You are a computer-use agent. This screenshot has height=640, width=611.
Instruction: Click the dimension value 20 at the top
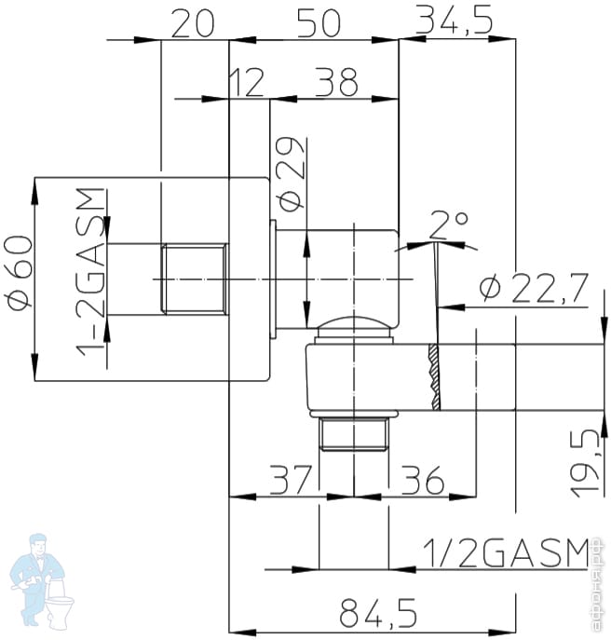(x=195, y=22)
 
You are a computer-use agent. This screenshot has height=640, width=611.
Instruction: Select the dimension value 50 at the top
(x=319, y=22)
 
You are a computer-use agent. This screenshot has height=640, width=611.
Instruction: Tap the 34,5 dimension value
(x=454, y=20)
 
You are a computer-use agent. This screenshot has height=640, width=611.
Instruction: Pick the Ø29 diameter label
(x=290, y=174)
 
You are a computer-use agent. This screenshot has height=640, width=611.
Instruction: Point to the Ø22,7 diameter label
(x=535, y=289)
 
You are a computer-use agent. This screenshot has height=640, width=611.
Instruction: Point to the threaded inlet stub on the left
(x=194, y=279)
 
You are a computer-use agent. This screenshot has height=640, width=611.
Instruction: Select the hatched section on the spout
(x=434, y=376)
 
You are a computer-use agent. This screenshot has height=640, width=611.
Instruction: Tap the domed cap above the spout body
(x=352, y=329)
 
